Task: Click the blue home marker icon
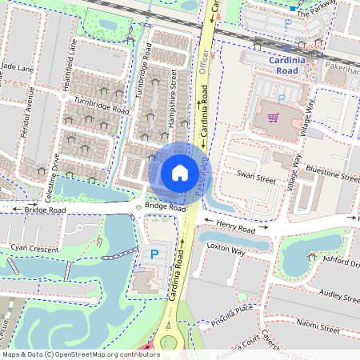180,172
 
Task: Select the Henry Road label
235,230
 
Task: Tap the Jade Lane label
18,69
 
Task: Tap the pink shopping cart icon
274,118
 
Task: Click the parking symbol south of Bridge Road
154,254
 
